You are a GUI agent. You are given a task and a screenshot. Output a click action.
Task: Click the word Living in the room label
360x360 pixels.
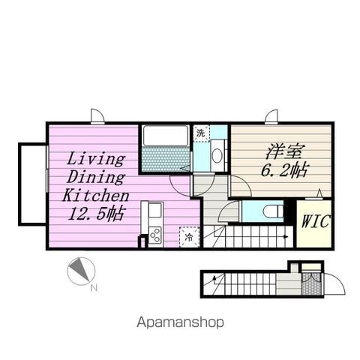pos(96,159)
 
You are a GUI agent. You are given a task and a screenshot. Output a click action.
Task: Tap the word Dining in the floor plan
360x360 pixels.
pos(96,177)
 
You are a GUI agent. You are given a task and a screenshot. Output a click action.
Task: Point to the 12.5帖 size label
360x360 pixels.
pos(96,213)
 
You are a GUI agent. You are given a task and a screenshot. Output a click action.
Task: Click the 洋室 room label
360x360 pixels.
pos(284,152)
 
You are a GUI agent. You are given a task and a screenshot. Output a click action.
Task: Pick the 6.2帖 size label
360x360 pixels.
pos(284,170)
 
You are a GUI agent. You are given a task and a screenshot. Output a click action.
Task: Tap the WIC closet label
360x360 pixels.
pos(316,221)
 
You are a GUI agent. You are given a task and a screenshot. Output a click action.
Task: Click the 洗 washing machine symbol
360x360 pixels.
pos(201,133)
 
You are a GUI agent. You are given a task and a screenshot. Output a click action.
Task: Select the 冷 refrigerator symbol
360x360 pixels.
pos(189,237)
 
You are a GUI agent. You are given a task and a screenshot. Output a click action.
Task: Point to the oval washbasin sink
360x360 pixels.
pos(217,155)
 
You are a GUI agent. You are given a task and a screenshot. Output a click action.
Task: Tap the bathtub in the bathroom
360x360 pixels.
pos(166,136)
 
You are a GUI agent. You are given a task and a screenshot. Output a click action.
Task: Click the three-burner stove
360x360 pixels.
pos(155,235)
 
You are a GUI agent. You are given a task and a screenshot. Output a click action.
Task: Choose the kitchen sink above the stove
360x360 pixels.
pos(155,210)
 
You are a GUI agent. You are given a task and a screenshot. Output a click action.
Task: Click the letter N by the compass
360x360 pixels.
pos(94,288)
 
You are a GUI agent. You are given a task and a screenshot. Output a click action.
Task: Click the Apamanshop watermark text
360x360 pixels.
pos(180,322)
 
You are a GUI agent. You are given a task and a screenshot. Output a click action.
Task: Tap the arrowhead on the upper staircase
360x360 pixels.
pos(286,236)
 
